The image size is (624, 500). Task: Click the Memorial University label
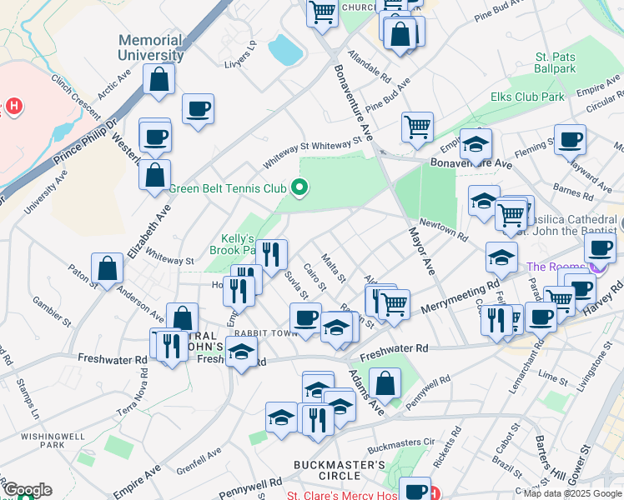[150, 48]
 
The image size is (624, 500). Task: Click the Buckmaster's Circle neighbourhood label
[339, 471]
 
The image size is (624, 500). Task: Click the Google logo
[27, 490]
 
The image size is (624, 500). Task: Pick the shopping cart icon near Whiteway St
[417, 127]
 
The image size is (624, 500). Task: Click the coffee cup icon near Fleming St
[570, 139]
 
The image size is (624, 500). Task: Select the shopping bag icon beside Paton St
[108, 268]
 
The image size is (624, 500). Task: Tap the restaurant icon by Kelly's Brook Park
[270, 255]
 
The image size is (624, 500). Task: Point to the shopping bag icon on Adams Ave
[385, 383]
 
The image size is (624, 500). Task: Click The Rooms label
[555, 267]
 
